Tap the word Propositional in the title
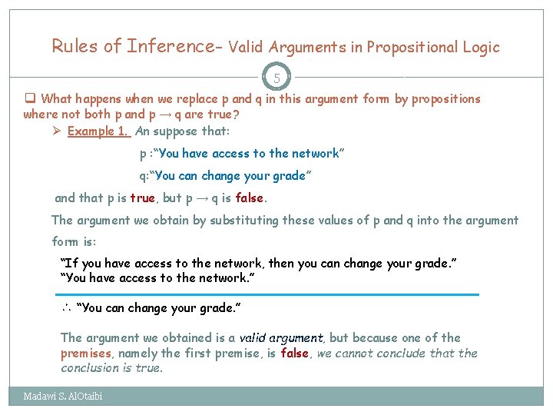point(413,47)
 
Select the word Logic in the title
point(482,47)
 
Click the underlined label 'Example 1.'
point(98,131)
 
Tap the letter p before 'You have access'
point(143,154)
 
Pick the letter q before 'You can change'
point(143,176)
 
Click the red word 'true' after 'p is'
point(142,198)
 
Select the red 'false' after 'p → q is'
point(250,198)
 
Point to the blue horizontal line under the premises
point(267,294)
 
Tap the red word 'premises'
point(87,354)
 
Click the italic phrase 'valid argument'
point(282,337)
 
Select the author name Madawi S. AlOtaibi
point(63,397)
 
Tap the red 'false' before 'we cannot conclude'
point(294,354)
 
